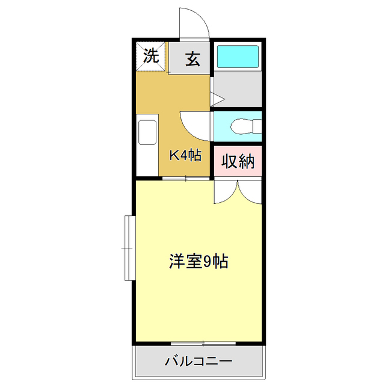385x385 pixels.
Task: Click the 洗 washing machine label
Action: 150,56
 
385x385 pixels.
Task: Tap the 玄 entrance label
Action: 192,59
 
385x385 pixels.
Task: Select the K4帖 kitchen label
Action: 184,155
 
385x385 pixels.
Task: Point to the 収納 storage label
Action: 238,161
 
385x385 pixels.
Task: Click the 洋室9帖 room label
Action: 197,262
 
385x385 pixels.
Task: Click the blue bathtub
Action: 237,56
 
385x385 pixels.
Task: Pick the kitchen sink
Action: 147,132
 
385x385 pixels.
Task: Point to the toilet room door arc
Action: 194,123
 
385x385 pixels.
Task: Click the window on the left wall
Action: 128,247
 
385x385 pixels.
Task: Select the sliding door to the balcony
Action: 203,343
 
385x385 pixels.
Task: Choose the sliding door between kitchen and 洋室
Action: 186,178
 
